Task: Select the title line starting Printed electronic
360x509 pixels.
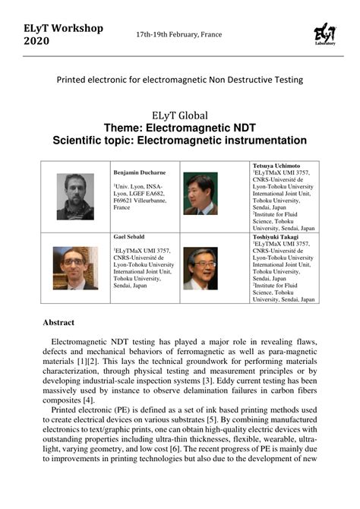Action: [180, 79]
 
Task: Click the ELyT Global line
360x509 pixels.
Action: [180, 115]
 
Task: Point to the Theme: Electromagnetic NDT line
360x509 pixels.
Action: [180, 128]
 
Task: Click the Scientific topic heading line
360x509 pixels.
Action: [180, 141]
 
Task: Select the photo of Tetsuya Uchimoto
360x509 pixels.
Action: [201, 194]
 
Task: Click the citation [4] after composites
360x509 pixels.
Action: [88, 400]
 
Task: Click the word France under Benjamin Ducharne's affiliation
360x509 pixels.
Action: [122, 207]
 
